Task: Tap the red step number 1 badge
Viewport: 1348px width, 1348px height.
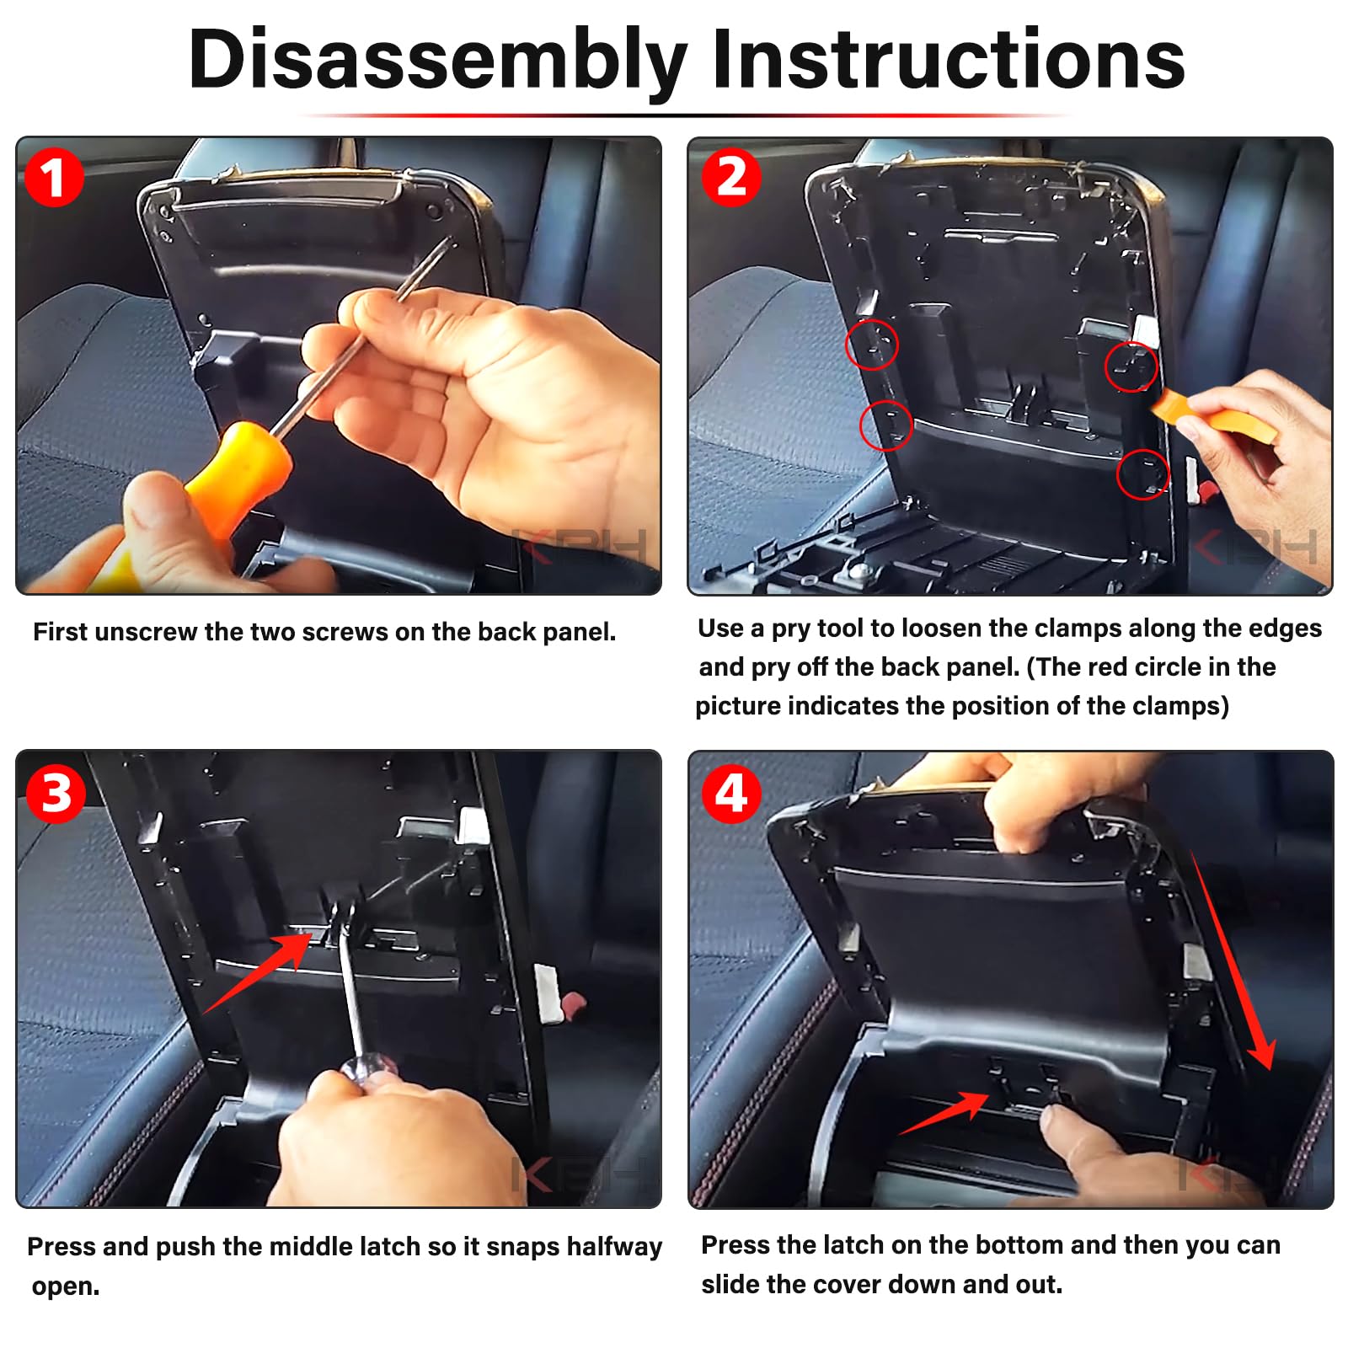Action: [x=54, y=178]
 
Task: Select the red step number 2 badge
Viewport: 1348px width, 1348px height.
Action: [x=731, y=177]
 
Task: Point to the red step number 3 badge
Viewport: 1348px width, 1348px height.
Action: [x=56, y=794]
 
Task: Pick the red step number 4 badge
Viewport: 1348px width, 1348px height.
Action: [x=731, y=794]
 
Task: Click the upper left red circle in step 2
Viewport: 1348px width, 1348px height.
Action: [x=872, y=345]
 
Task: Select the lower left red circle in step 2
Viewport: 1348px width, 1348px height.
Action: [x=885, y=425]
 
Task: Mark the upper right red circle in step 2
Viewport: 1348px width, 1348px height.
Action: [x=1131, y=366]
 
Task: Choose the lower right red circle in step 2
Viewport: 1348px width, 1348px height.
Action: [x=1143, y=474]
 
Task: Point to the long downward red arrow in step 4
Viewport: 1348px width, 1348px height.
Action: [x=1232, y=960]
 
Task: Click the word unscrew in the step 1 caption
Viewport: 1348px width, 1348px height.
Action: [x=147, y=632]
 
